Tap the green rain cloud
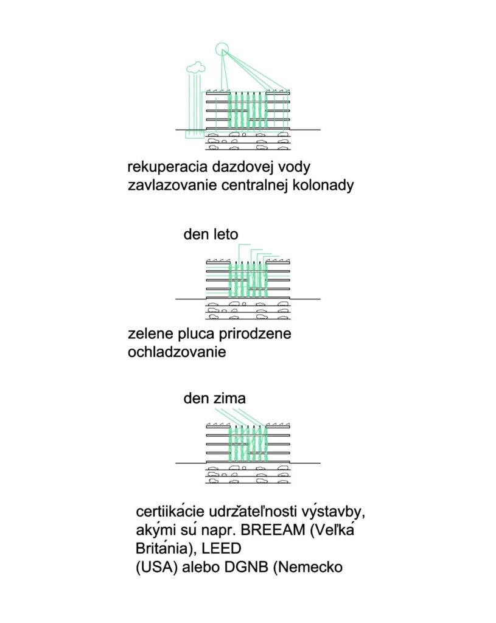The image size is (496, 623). click(195, 68)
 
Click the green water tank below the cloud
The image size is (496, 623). click(195, 134)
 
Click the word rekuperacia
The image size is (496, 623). click(167, 167)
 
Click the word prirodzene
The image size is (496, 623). click(255, 334)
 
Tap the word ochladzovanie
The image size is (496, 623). click(177, 352)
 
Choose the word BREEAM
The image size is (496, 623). click(273, 530)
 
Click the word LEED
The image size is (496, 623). click(222, 549)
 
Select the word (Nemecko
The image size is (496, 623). click(307, 567)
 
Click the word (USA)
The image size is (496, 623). click(156, 567)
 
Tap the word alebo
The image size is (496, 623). click(201, 567)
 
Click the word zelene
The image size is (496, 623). click(151, 334)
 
